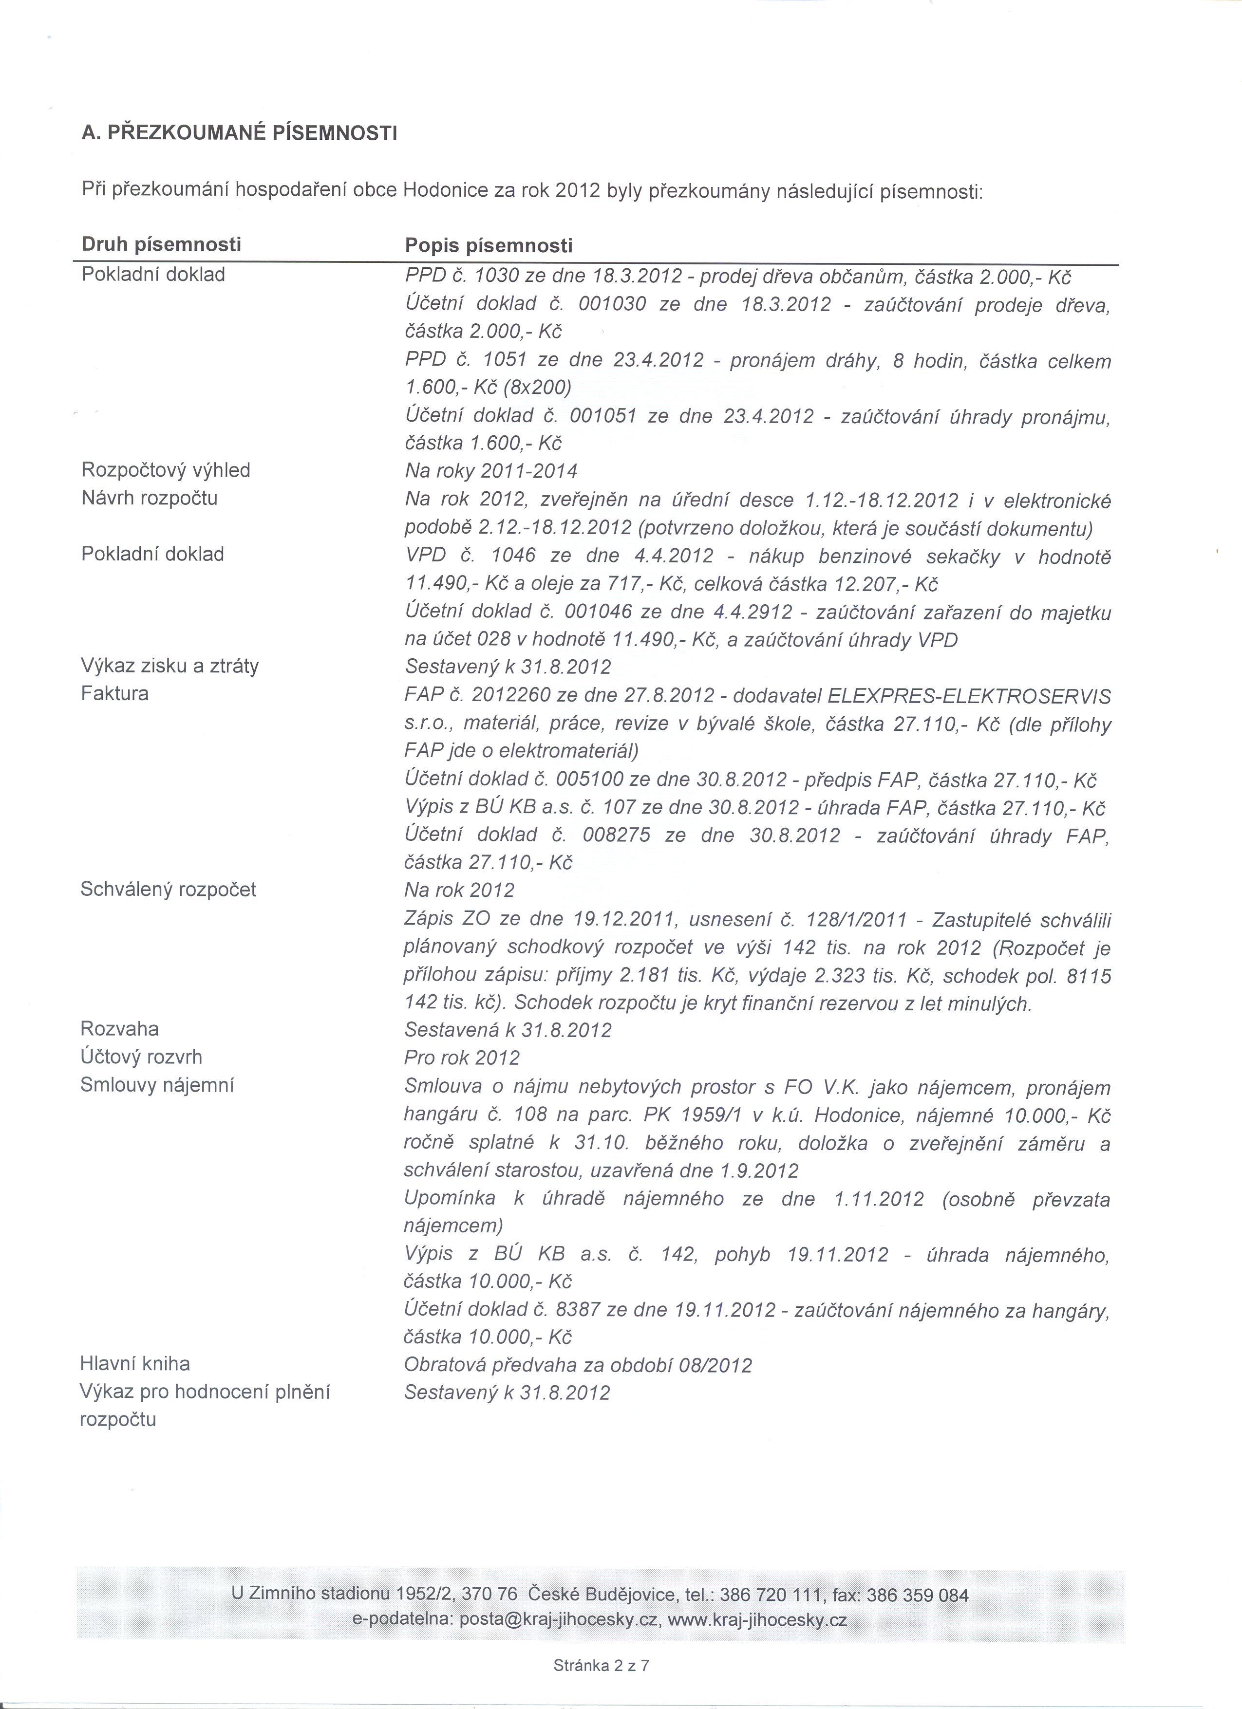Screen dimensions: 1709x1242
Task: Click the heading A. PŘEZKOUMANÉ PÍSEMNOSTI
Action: tap(239, 134)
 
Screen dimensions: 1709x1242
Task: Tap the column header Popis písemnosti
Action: tap(489, 246)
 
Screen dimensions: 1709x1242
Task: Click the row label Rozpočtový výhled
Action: tap(166, 470)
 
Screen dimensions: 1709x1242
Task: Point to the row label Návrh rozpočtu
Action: tap(149, 498)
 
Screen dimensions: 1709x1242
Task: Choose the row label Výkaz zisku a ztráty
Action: tap(169, 666)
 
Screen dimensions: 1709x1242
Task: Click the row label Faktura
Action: tap(114, 693)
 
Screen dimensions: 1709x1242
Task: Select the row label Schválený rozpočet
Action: tap(168, 889)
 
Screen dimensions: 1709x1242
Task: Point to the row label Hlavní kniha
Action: tap(135, 1363)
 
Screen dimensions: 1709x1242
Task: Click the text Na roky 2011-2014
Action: tap(490, 471)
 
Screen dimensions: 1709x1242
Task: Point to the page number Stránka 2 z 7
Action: tap(601, 1665)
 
